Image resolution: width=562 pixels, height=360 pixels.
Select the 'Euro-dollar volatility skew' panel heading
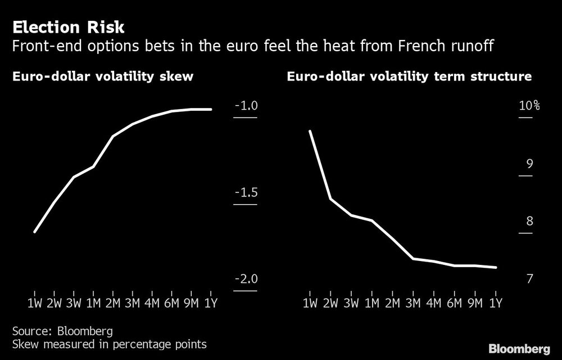[x=103, y=77]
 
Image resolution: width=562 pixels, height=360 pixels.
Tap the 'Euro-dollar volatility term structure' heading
[x=409, y=77]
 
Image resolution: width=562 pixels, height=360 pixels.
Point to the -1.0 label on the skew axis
[x=245, y=106]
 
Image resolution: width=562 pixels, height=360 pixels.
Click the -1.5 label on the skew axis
[x=245, y=193]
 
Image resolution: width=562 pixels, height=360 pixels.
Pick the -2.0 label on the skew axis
[x=245, y=280]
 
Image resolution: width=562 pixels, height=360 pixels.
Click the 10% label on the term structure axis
[x=529, y=106]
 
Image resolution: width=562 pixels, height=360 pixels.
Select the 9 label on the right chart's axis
[x=529, y=164]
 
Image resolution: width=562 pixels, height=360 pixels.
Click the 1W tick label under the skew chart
[x=34, y=304]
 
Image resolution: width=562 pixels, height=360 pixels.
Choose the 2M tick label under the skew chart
[x=112, y=304]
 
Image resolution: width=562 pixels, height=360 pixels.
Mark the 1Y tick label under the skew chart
[x=211, y=304]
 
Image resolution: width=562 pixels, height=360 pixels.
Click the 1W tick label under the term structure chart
[x=310, y=304]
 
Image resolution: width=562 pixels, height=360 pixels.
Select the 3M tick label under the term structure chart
[x=413, y=304]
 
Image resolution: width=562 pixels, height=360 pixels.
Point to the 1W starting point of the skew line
[x=35, y=232]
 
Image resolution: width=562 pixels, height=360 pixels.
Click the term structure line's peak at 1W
[x=310, y=131]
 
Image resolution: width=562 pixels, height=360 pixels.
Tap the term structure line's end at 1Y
[x=496, y=268]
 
